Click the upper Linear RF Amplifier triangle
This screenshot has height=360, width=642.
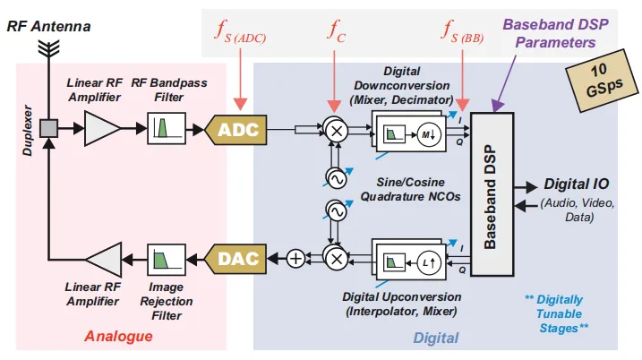pyautogui.click(x=101, y=130)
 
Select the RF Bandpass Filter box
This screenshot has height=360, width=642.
pyautogui.click(x=166, y=130)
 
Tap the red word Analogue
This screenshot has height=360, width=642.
pyautogui.click(x=118, y=337)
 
